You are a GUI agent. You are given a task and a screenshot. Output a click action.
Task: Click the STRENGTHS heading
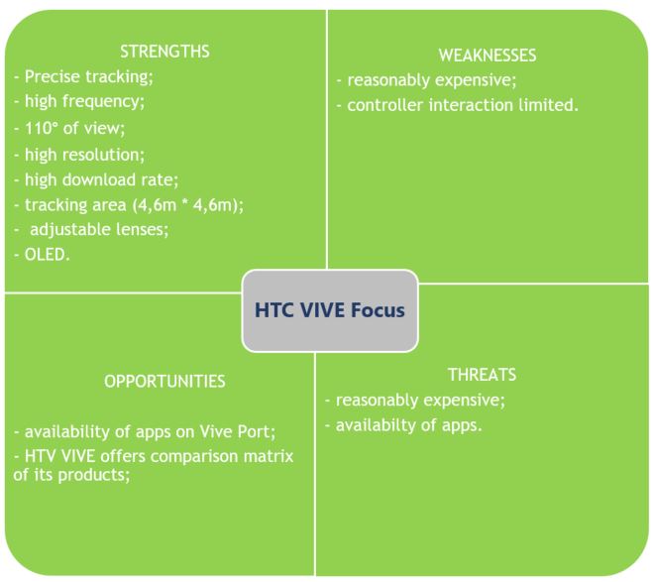tap(164, 52)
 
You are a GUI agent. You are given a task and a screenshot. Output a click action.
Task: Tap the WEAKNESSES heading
tap(488, 56)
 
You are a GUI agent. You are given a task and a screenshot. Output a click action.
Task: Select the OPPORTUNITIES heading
tap(164, 382)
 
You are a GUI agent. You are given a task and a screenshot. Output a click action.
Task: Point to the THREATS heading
tap(483, 375)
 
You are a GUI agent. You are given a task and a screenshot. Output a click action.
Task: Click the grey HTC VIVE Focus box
tap(330, 310)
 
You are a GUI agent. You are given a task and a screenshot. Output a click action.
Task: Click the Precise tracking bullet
tap(83, 77)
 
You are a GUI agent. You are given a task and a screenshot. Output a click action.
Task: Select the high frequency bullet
tap(79, 102)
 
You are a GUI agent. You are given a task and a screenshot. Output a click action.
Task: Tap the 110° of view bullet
tap(69, 128)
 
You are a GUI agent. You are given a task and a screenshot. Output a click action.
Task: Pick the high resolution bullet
tap(79, 156)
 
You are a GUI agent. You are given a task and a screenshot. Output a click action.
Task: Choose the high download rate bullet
tap(96, 180)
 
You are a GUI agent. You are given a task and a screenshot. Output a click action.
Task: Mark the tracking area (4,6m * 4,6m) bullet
tap(129, 205)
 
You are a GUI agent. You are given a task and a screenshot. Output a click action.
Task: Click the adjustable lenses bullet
tap(91, 230)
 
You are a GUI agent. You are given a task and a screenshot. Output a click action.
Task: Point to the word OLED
tap(46, 255)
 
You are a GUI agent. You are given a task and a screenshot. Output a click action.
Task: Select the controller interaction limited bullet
tap(458, 105)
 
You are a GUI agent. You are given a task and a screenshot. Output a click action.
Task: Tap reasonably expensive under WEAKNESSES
tap(426, 80)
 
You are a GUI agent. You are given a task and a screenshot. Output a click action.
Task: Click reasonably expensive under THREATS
tap(415, 401)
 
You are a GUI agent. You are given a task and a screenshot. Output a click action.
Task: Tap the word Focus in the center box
tap(378, 310)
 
